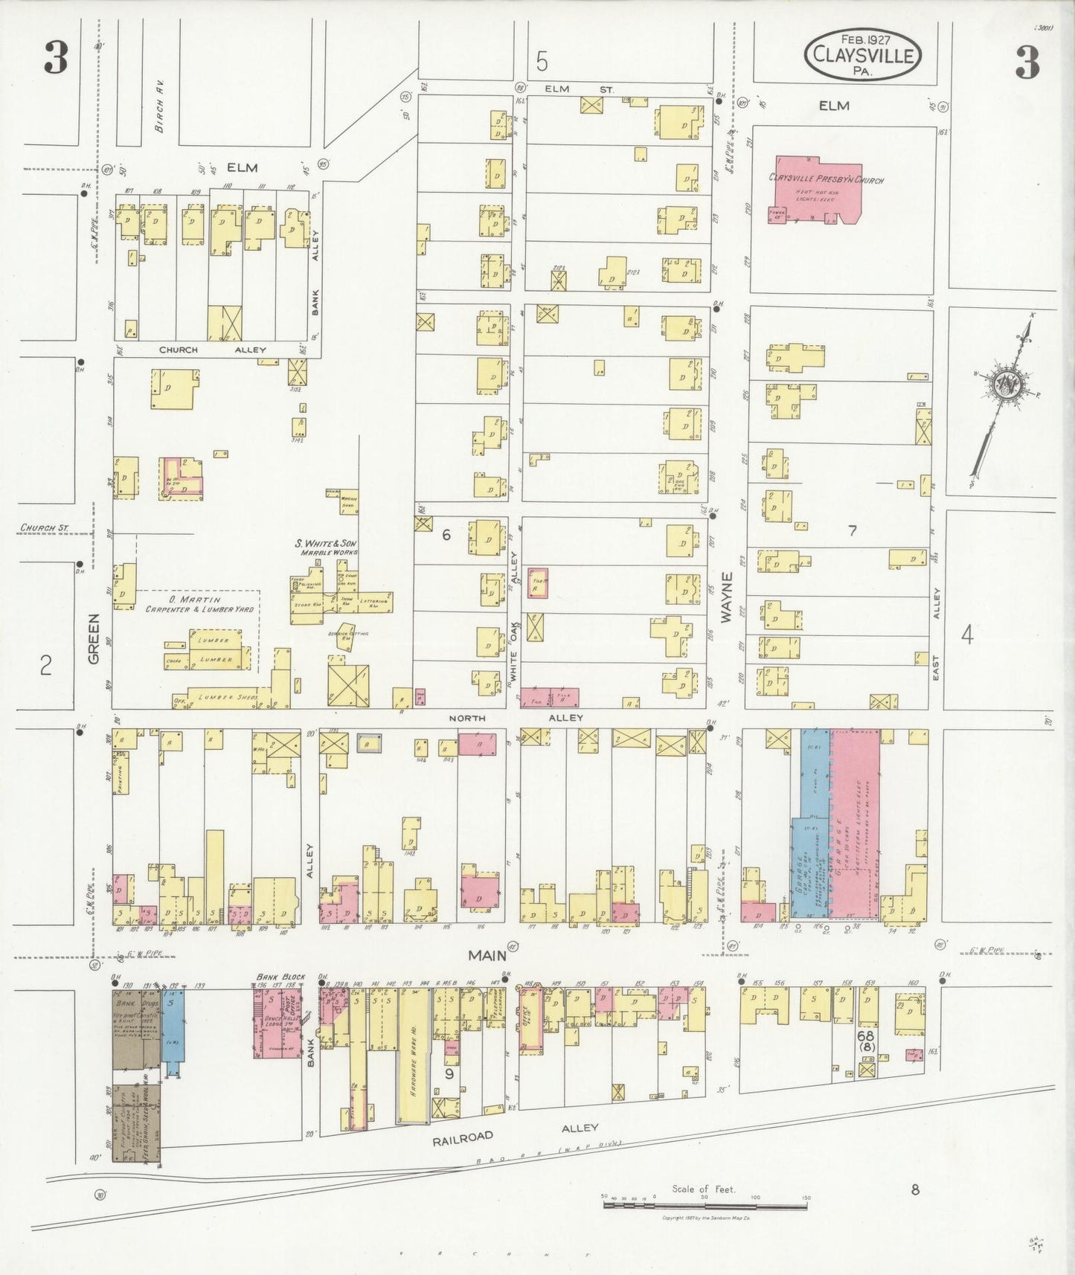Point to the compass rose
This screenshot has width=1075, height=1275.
click(1004, 385)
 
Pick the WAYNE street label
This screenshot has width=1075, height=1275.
click(726, 597)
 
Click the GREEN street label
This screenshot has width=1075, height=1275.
click(94, 638)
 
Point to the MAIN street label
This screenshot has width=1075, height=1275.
click(487, 954)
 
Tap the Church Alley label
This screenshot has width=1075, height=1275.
click(212, 349)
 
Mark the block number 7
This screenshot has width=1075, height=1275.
click(853, 530)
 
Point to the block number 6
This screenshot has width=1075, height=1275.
click(446, 534)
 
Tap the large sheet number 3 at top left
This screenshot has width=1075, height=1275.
click(56, 58)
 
